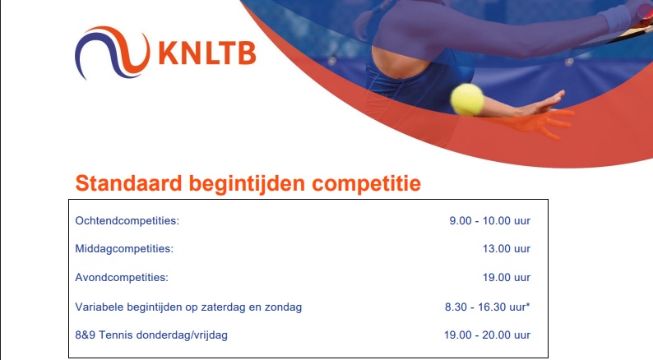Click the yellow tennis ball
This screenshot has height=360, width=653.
(x=467, y=99)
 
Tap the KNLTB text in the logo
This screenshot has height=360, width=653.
(x=207, y=53)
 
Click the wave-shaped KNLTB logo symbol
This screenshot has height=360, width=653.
(x=112, y=53)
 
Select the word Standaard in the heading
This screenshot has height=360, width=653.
(x=128, y=183)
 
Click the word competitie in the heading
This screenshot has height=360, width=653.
(x=367, y=184)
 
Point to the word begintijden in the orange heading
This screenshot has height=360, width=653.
(x=247, y=184)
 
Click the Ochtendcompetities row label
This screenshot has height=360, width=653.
(x=127, y=220)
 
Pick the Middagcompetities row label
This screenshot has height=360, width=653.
(x=124, y=249)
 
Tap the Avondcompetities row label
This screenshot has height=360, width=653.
(x=122, y=277)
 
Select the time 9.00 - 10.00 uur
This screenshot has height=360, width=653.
(x=490, y=220)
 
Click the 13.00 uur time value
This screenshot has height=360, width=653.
(x=507, y=249)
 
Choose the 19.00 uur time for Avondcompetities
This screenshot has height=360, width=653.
(x=507, y=277)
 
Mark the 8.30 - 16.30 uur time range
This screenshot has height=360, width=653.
(x=486, y=307)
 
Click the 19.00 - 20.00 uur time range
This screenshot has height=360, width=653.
(x=487, y=335)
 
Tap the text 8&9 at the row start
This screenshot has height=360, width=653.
(x=86, y=335)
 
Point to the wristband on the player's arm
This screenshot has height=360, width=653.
(x=618, y=17)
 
